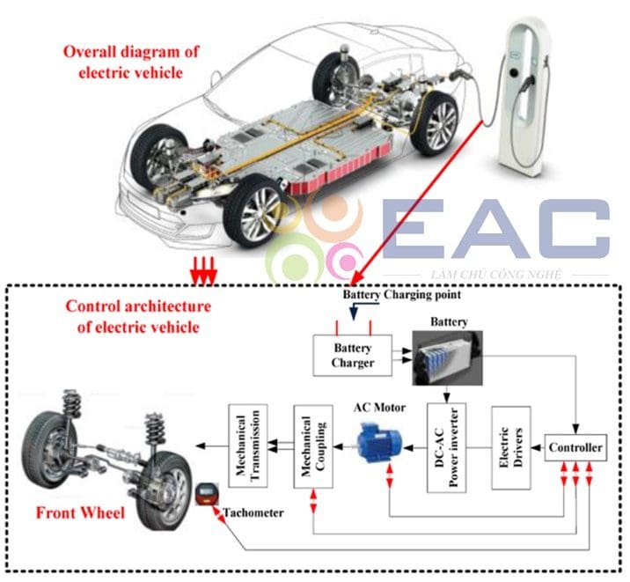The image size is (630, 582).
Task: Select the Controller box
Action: click(575, 448)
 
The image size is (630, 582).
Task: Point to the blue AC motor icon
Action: click(379, 439)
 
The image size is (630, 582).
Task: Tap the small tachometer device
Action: click(207, 493)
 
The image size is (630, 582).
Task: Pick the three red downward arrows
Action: click(204, 274)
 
